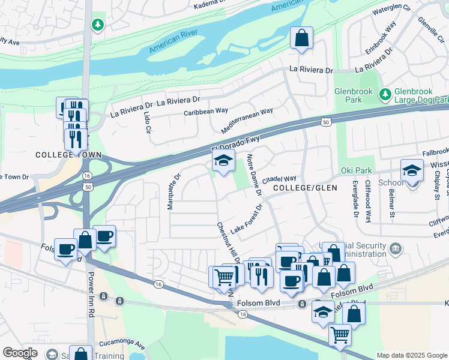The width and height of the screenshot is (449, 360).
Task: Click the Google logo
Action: tap(20, 353)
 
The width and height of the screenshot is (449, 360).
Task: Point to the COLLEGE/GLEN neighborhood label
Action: tap(305, 188)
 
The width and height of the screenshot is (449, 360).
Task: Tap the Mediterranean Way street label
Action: tap(247, 120)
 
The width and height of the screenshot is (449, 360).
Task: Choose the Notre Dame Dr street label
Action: tap(254, 175)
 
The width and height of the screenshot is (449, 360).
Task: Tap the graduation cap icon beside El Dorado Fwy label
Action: tap(223, 161)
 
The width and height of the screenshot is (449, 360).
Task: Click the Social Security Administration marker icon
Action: tap(395, 248)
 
